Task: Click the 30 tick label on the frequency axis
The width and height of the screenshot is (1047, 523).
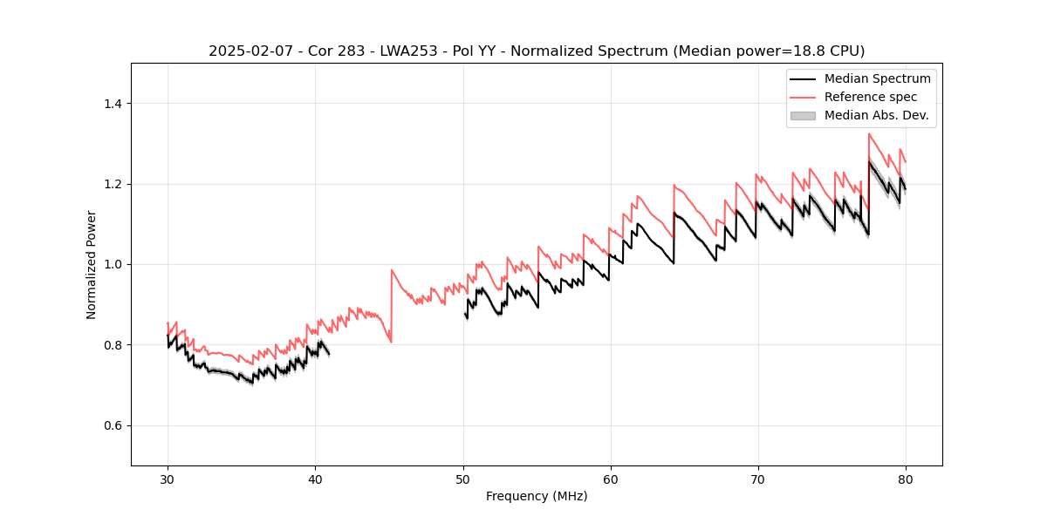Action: (168, 479)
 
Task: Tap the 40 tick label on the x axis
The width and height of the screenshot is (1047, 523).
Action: (315, 479)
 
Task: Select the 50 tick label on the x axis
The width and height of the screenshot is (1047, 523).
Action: (462, 479)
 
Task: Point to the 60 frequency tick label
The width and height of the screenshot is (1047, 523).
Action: (610, 479)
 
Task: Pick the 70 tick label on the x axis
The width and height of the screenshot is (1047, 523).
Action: (757, 479)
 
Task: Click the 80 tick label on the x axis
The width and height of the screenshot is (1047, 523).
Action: (905, 479)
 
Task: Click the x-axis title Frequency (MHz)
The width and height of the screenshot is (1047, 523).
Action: (537, 497)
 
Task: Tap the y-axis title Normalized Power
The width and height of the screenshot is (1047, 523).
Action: (92, 264)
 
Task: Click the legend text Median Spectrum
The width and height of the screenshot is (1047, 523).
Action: (877, 78)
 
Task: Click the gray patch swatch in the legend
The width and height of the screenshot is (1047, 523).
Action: (803, 115)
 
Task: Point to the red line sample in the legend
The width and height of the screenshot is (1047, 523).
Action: (803, 97)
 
